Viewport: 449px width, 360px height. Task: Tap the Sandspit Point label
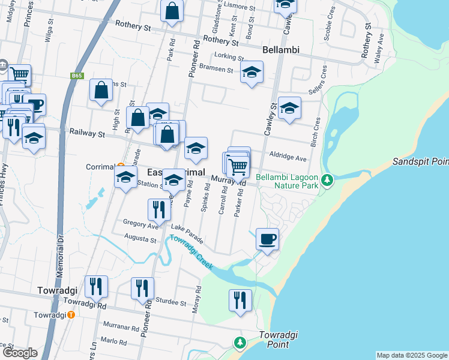pos(420,162)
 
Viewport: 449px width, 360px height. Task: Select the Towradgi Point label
pos(279,340)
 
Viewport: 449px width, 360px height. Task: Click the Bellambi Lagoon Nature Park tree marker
pos(327,179)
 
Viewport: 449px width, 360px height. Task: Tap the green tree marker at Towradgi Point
pos(240,343)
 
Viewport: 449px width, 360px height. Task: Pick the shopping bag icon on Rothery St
pos(172,12)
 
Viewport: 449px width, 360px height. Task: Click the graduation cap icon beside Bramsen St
pos(252,73)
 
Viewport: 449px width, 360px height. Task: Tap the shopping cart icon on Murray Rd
pos(238,166)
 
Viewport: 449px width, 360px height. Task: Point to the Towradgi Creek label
pos(190,253)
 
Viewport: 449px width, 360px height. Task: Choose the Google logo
pos(20,353)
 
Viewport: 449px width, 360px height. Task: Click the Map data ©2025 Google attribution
pos(411,355)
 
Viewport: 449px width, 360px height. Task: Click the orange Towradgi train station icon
pos(71,314)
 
